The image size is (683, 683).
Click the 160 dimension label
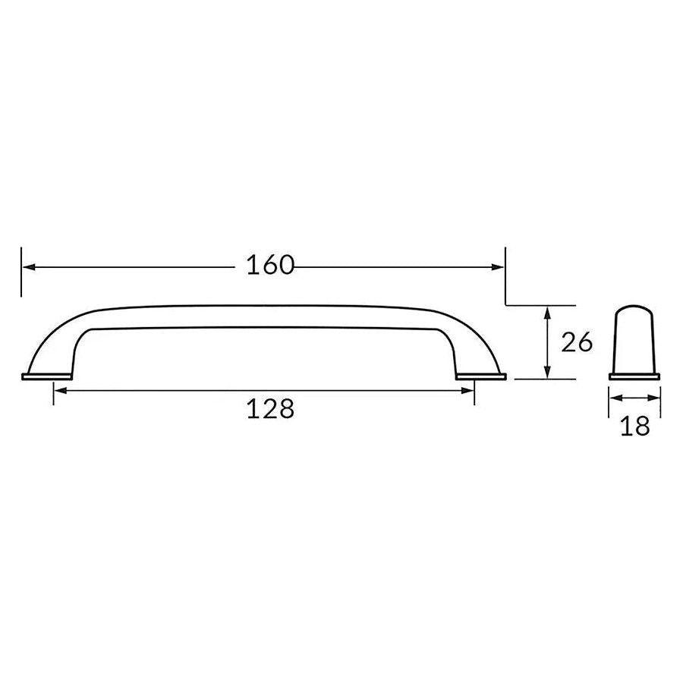pyautogui.click(x=270, y=265)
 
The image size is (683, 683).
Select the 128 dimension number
pyautogui.click(x=270, y=408)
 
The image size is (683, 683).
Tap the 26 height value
pyautogui.click(x=577, y=342)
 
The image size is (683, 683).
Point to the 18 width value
pyautogui.click(x=634, y=426)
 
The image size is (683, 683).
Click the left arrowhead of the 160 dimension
pyautogui.click(x=29, y=266)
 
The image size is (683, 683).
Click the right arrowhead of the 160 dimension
pyautogui.click(x=498, y=266)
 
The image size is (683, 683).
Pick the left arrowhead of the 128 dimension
pyautogui.click(x=61, y=390)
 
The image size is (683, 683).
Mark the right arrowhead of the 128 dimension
pyautogui.click(x=467, y=390)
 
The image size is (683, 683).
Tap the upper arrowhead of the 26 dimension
pyautogui.click(x=548, y=313)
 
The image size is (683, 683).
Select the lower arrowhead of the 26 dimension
pyautogui.click(x=548, y=372)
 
